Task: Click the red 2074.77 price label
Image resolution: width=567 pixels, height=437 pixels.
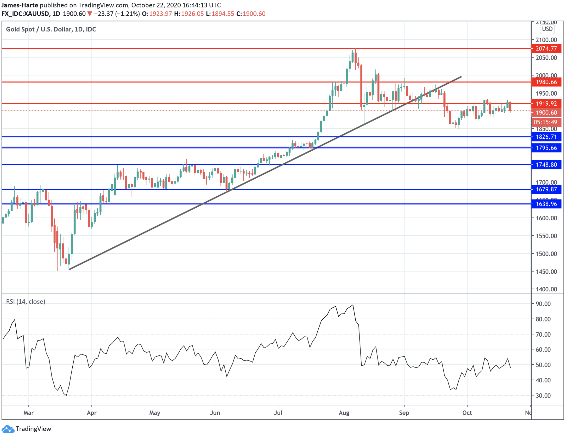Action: [x=546, y=49]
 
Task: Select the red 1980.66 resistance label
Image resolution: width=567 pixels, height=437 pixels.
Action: [x=546, y=82]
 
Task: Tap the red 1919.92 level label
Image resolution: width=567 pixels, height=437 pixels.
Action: [x=546, y=104]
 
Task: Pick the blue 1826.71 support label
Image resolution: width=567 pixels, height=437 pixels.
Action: [x=546, y=137]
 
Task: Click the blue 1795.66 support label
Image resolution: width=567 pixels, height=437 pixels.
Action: [x=546, y=148]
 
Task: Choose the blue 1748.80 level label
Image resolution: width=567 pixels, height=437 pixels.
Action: [x=546, y=165]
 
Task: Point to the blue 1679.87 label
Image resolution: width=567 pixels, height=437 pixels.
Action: [x=546, y=189]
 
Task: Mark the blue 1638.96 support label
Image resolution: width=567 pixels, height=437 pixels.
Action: [x=546, y=204]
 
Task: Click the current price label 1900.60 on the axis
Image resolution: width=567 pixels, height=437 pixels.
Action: [x=546, y=113]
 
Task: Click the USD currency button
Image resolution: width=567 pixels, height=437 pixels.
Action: [x=547, y=29]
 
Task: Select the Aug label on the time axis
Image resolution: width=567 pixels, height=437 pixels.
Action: [x=344, y=413]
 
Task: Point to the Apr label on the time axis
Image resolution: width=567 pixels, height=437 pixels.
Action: [x=92, y=413]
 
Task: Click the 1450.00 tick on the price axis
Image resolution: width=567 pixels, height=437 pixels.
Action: [x=546, y=272]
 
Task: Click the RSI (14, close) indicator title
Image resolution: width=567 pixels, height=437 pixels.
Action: [x=26, y=302]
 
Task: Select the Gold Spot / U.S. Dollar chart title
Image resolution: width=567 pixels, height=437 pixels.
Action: [x=51, y=29]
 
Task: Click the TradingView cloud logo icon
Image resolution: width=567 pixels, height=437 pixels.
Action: [x=8, y=429]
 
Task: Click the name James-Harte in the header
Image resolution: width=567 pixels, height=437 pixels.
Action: [x=20, y=5]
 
